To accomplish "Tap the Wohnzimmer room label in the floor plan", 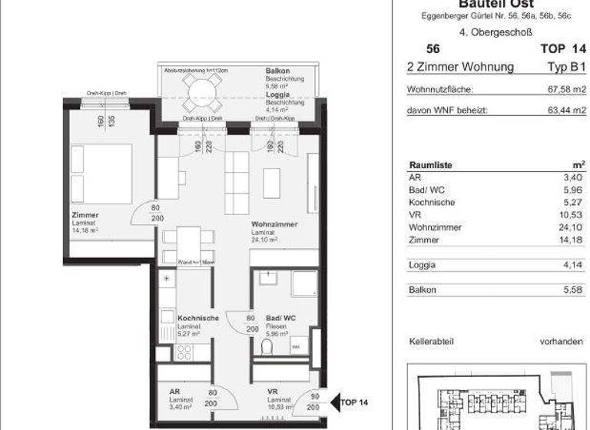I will point(273,225).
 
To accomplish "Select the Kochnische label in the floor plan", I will point(198,319).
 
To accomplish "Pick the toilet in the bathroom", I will point(267,348).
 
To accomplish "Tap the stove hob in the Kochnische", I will point(184,352).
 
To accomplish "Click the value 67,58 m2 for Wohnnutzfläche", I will point(565,89).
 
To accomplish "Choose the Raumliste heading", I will point(431,165).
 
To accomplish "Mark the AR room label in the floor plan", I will point(174,391).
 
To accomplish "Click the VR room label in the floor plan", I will point(272,391).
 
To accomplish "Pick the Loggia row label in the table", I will point(423,266).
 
